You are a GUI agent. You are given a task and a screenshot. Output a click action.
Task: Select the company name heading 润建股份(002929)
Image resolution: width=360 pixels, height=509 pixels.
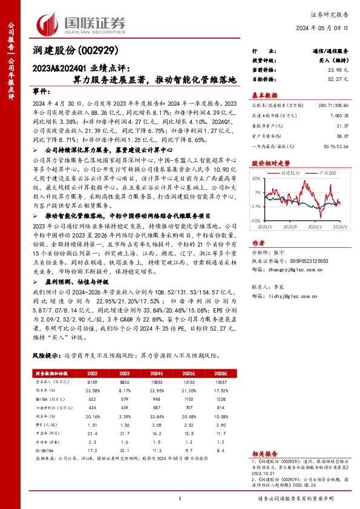tap(76, 51)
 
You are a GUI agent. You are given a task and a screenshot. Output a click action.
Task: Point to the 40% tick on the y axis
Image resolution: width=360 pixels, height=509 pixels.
tap(258, 178)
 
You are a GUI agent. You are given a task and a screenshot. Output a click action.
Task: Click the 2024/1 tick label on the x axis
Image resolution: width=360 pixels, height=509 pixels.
tap(313, 227)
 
